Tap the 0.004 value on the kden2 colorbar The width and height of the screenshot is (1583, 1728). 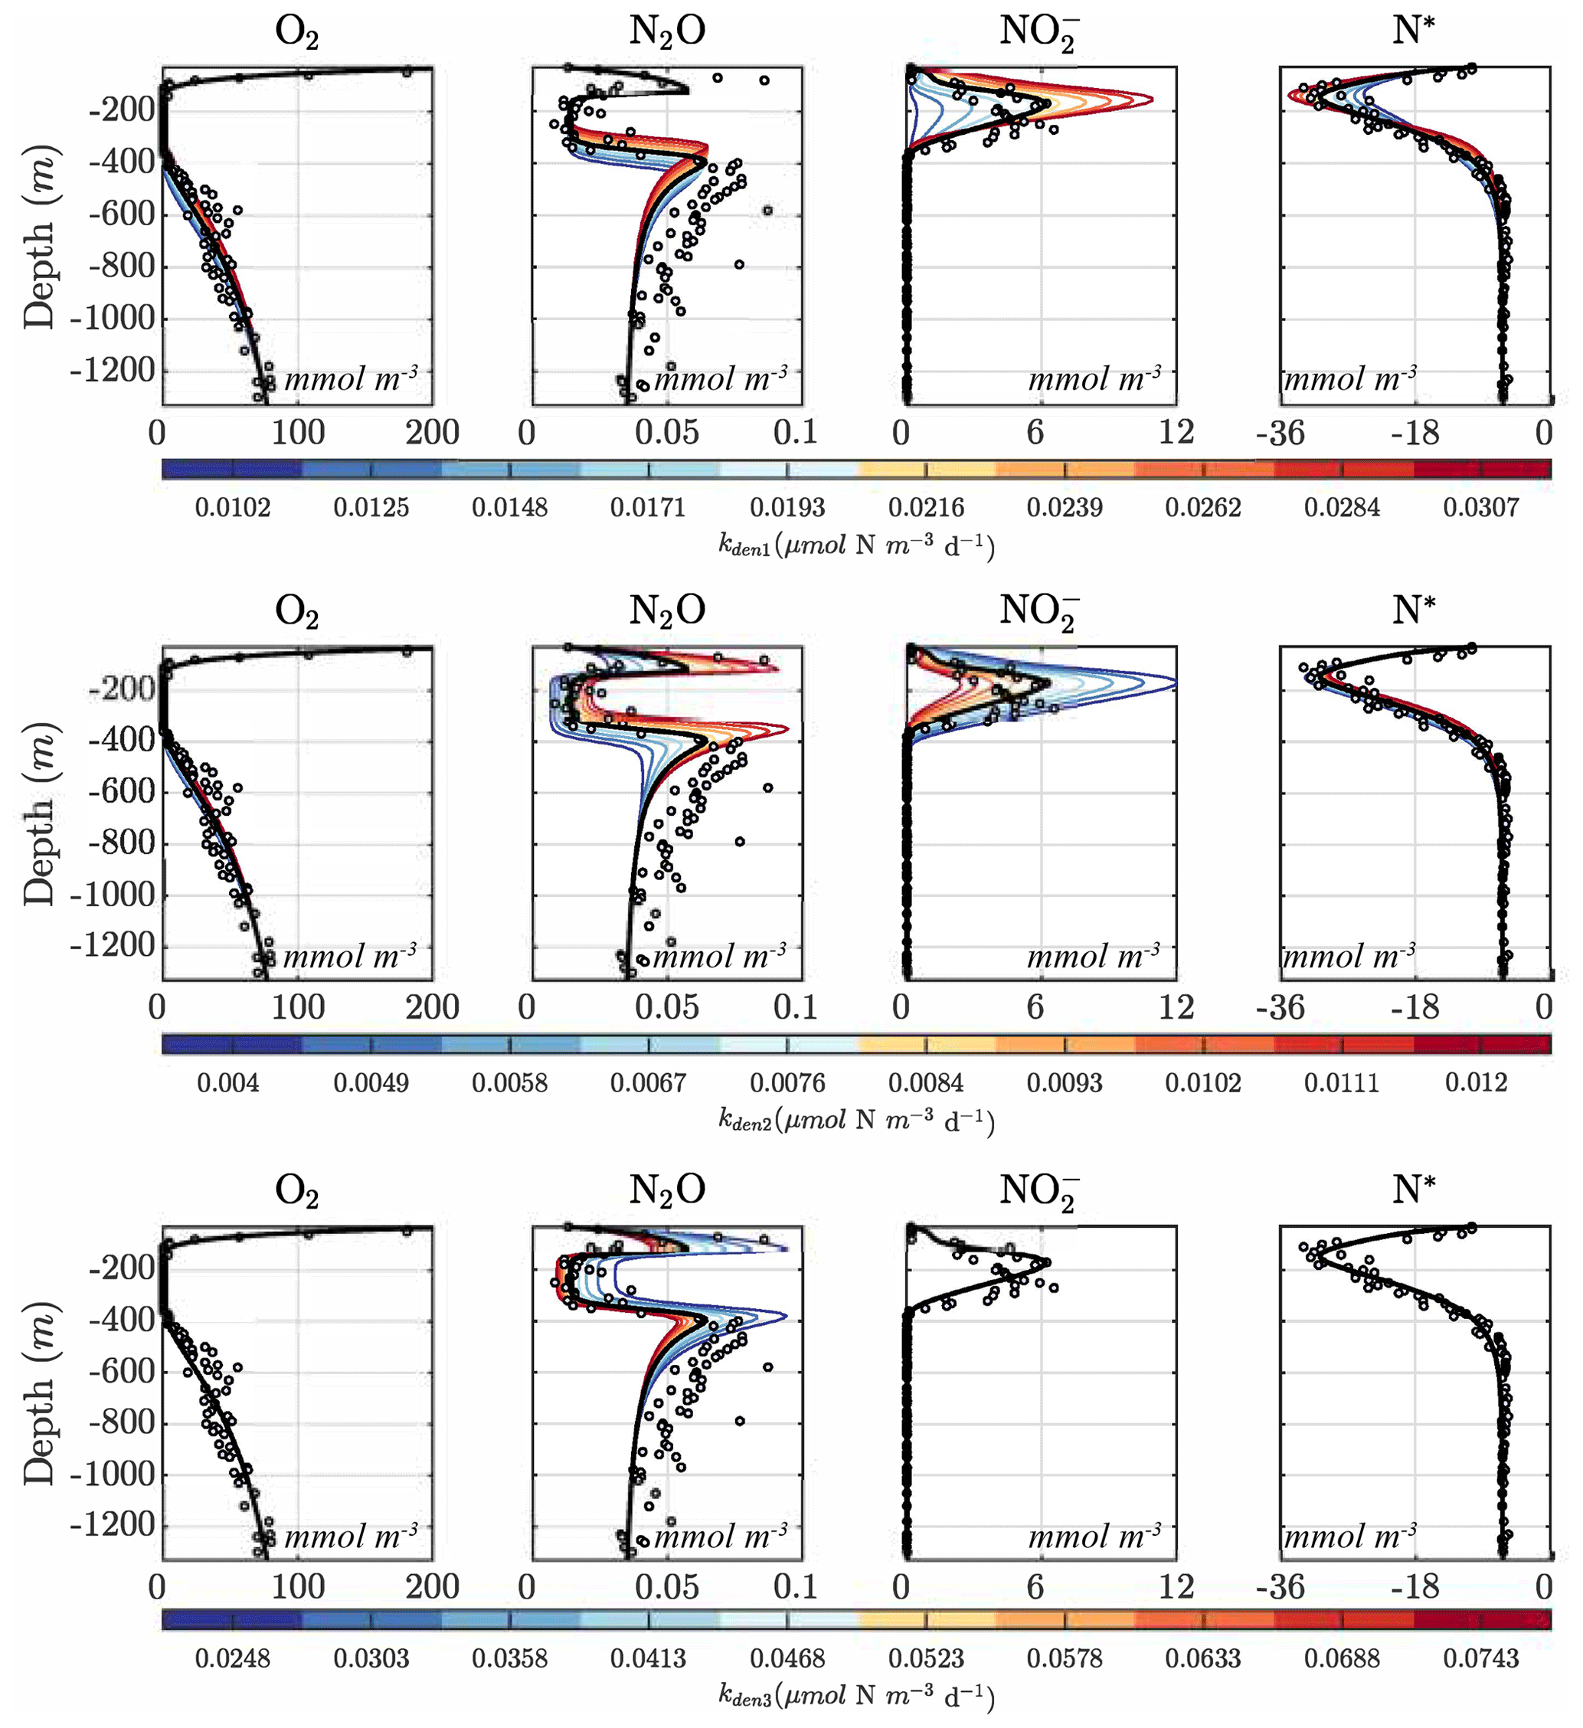coord(228,1082)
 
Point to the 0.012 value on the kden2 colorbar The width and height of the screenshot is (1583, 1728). coord(1476,1082)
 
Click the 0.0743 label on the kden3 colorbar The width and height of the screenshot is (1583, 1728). coord(1480,1658)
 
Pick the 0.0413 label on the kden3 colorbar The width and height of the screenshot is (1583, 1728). coord(648,1658)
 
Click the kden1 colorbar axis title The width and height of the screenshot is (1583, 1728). coord(856,545)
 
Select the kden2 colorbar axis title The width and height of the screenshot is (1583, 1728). coord(856,1121)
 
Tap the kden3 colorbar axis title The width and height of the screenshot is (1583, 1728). coord(856,1695)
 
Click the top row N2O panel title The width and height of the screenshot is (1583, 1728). coord(667,31)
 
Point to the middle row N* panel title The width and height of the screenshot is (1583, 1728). coord(1413,610)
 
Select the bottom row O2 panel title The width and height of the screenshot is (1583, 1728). coord(296,1190)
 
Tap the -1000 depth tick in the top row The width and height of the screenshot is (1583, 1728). coord(111,318)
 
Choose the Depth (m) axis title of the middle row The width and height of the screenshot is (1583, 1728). coord(39,813)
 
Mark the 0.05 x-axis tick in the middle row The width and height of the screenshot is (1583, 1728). coord(667,1007)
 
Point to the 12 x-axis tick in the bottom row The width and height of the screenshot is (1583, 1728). coord(1176,1586)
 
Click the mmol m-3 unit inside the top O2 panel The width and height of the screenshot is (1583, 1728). coord(352,378)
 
